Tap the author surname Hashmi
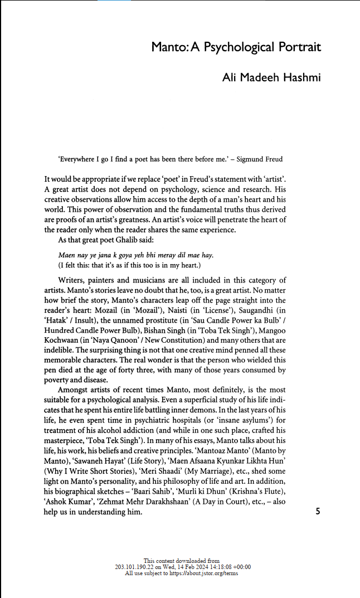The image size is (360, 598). click(x=300, y=77)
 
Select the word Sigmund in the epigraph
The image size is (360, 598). click(x=252, y=159)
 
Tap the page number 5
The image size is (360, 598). click(x=318, y=511)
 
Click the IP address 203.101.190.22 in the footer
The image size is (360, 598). click(x=134, y=567)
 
